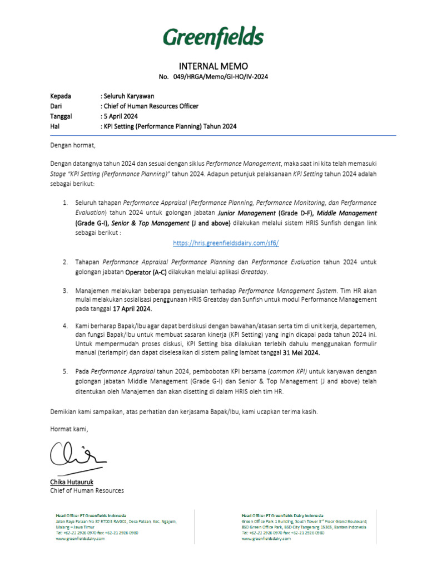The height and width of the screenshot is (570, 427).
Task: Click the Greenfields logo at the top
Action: (x=213, y=38)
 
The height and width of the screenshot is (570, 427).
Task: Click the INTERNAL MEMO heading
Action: (x=213, y=66)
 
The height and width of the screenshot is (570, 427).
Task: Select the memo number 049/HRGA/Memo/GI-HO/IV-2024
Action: (x=213, y=76)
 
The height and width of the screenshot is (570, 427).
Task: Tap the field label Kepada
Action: (x=61, y=96)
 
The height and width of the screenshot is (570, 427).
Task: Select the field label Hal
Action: (x=55, y=126)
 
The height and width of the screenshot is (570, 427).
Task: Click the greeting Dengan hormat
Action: (x=73, y=146)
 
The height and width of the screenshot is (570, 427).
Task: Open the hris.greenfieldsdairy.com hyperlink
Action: (x=226, y=243)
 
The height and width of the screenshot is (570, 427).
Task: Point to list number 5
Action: (x=64, y=370)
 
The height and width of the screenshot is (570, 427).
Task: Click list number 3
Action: (x=64, y=291)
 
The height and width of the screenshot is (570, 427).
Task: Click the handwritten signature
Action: (x=77, y=455)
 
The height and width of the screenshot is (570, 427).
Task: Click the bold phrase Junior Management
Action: (x=246, y=213)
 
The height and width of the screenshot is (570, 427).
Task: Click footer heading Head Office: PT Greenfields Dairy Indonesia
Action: (x=282, y=515)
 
